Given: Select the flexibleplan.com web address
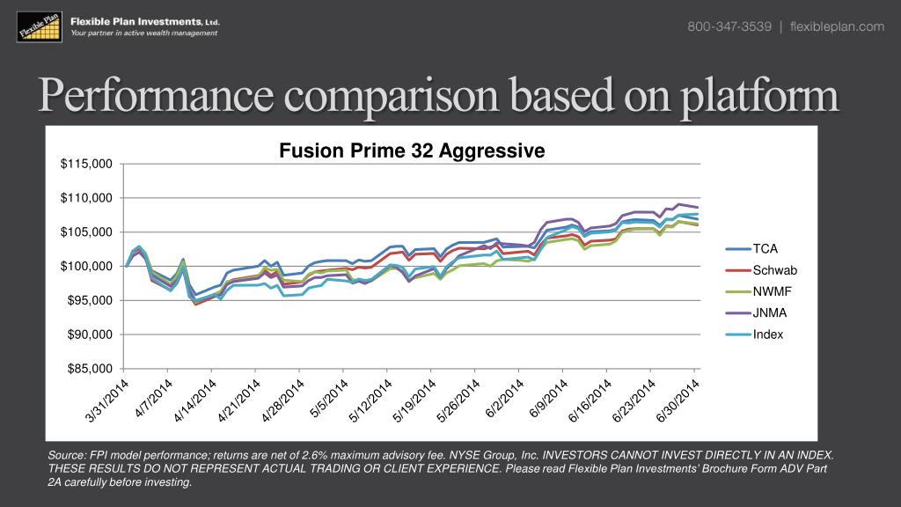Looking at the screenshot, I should coord(837,26).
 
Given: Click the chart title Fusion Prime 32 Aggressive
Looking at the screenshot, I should coord(412,151).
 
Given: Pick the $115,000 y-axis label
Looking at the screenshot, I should coord(87,164).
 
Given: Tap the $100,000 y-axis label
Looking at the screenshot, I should coord(87,266).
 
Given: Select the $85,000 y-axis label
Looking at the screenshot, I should coord(90,369).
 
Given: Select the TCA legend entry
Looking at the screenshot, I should coord(764,249).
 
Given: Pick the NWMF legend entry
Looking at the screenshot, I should coord(771,291).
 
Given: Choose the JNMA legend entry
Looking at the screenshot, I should coord(769,312).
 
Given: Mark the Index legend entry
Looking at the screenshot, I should coord(767,334).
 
